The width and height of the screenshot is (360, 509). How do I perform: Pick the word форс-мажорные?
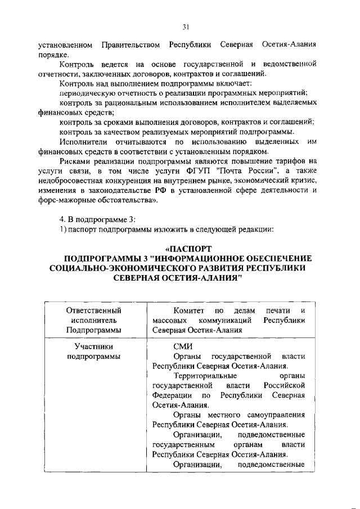65,200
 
